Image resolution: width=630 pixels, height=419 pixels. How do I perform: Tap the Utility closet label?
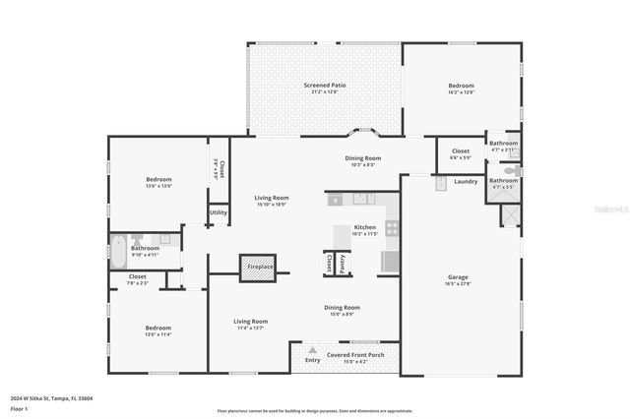click(219, 212)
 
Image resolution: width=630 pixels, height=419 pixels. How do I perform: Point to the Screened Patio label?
click(324, 86)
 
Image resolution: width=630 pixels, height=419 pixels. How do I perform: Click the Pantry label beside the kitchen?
click(342, 264)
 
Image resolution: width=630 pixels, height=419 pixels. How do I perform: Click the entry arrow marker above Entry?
click(312, 350)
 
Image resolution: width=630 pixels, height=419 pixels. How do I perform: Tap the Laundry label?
click(466, 181)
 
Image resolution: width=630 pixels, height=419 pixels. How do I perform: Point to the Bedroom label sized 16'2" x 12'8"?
click(461, 87)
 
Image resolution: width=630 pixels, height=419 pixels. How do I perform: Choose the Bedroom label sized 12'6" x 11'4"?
click(158, 329)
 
